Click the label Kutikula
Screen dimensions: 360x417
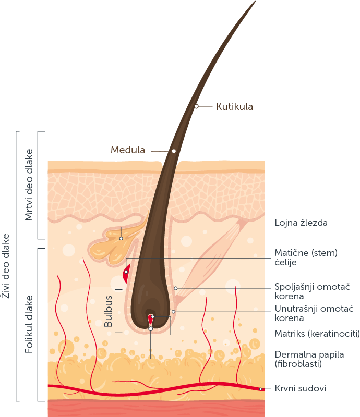click(x=234, y=106)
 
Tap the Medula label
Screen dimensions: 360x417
click(x=128, y=150)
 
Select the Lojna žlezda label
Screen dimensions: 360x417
click(x=301, y=223)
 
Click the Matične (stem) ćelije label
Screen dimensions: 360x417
click(x=306, y=257)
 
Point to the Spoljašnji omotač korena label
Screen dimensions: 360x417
click(x=313, y=291)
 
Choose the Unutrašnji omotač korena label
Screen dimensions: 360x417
click(x=314, y=313)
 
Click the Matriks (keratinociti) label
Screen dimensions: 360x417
click(x=317, y=334)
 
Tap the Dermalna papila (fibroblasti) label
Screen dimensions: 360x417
click(x=309, y=359)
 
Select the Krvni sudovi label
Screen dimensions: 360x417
click(x=301, y=388)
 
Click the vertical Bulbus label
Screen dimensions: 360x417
click(x=108, y=311)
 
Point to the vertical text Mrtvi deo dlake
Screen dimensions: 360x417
click(x=29, y=185)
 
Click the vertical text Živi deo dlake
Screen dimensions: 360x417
click(x=5, y=266)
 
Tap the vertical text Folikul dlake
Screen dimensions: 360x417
click(x=29, y=324)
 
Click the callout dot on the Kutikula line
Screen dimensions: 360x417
click(x=196, y=106)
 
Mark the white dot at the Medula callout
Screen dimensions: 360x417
click(x=174, y=151)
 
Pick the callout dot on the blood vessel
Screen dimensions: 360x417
click(x=261, y=389)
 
